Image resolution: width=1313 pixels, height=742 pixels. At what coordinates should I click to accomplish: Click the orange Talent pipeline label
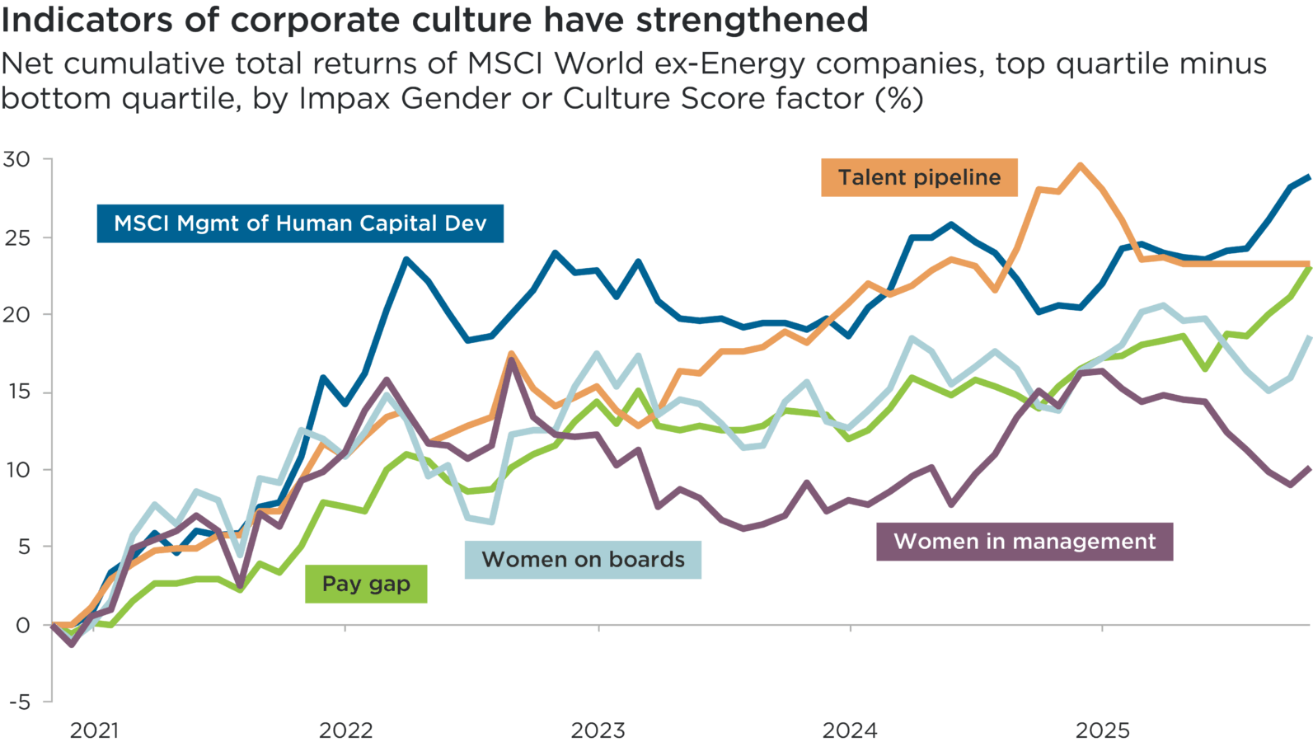point(919,177)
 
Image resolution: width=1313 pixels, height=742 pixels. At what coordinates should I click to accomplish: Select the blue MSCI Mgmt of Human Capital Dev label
point(300,223)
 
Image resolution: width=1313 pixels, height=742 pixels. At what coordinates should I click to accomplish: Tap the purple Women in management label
point(1025,542)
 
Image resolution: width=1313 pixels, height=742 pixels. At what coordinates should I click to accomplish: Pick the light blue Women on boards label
point(583,560)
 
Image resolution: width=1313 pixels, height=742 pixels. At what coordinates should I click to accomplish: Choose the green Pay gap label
point(366,584)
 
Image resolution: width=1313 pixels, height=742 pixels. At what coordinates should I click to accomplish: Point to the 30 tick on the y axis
point(16,159)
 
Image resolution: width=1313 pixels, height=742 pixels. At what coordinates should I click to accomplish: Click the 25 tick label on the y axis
point(16,237)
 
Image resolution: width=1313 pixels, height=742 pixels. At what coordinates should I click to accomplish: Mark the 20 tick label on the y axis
point(16,315)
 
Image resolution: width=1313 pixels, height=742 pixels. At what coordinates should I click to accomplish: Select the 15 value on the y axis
point(16,392)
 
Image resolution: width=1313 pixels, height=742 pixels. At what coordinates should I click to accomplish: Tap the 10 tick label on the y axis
point(16,470)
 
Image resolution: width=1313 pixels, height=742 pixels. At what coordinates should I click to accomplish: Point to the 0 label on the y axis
point(22,625)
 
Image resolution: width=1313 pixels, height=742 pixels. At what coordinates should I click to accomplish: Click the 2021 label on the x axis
point(94,730)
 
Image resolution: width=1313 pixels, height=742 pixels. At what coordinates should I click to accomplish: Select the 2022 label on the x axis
point(345,730)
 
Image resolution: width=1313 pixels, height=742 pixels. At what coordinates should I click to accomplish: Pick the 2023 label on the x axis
point(598,730)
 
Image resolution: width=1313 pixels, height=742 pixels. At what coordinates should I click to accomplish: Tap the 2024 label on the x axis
point(850,730)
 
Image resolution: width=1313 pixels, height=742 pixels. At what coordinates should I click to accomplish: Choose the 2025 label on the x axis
point(1102,730)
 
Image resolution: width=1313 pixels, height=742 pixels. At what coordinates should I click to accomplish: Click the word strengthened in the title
point(752,20)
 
